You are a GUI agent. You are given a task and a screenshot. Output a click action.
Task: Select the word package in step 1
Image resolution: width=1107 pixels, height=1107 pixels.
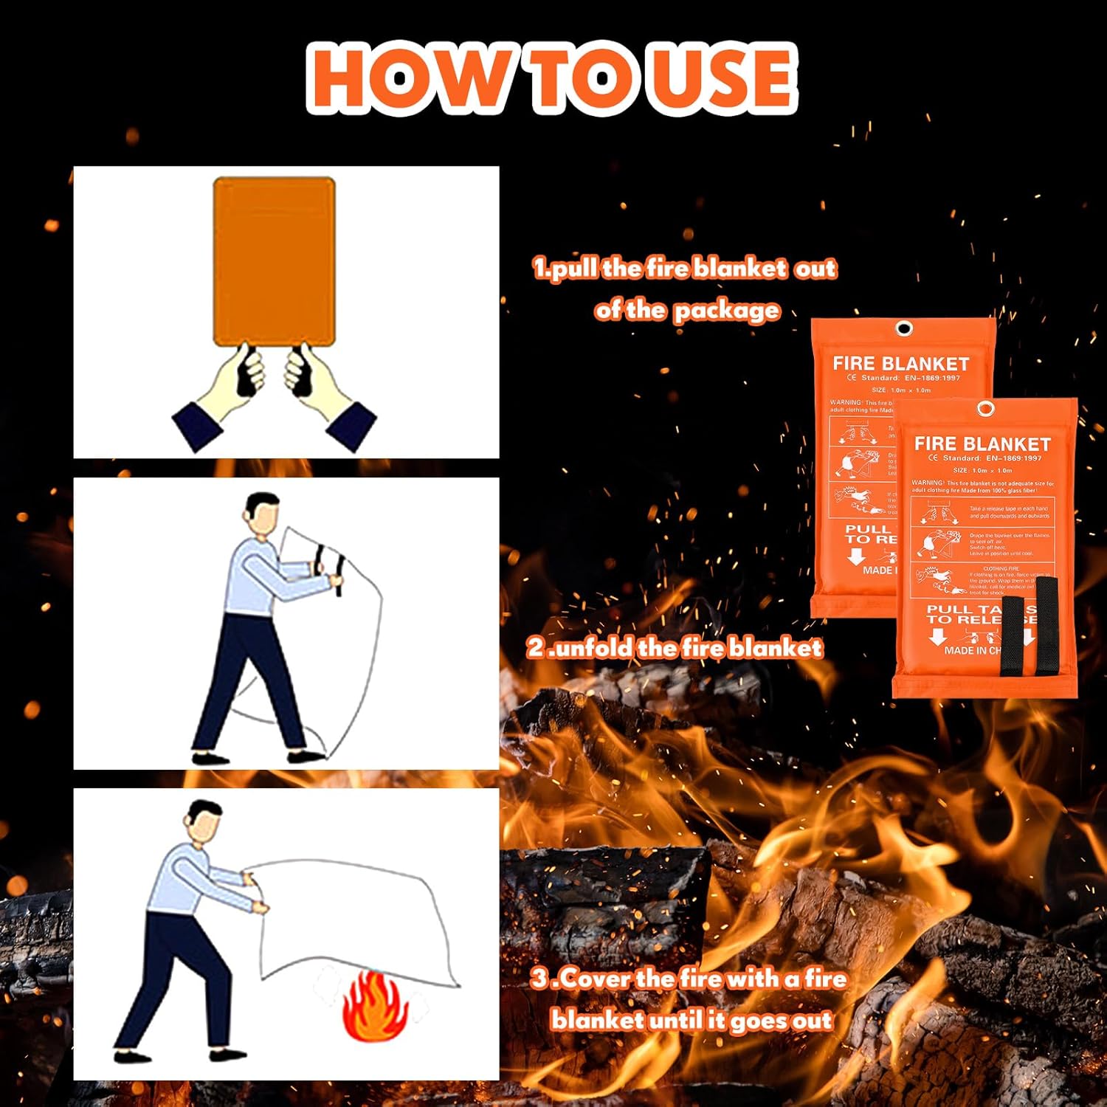click(x=727, y=311)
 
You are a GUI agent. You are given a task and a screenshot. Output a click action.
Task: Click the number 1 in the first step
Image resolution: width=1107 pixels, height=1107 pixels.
click(x=540, y=268)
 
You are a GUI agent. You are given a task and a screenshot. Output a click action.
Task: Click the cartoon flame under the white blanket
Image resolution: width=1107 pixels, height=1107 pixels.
click(x=375, y=1007)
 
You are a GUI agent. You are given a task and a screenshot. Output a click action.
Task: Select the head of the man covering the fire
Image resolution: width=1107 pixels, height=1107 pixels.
click(x=204, y=821)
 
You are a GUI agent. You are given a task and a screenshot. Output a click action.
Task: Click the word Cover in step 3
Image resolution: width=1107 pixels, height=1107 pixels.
click(x=596, y=979)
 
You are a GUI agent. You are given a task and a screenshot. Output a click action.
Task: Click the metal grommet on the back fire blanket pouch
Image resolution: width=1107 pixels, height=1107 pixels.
click(x=903, y=328)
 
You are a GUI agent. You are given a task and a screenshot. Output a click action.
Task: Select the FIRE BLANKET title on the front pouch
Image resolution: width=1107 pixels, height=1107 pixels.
click(x=982, y=444)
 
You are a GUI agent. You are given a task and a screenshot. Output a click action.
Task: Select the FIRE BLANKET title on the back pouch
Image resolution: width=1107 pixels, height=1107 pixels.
click(x=900, y=364)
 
